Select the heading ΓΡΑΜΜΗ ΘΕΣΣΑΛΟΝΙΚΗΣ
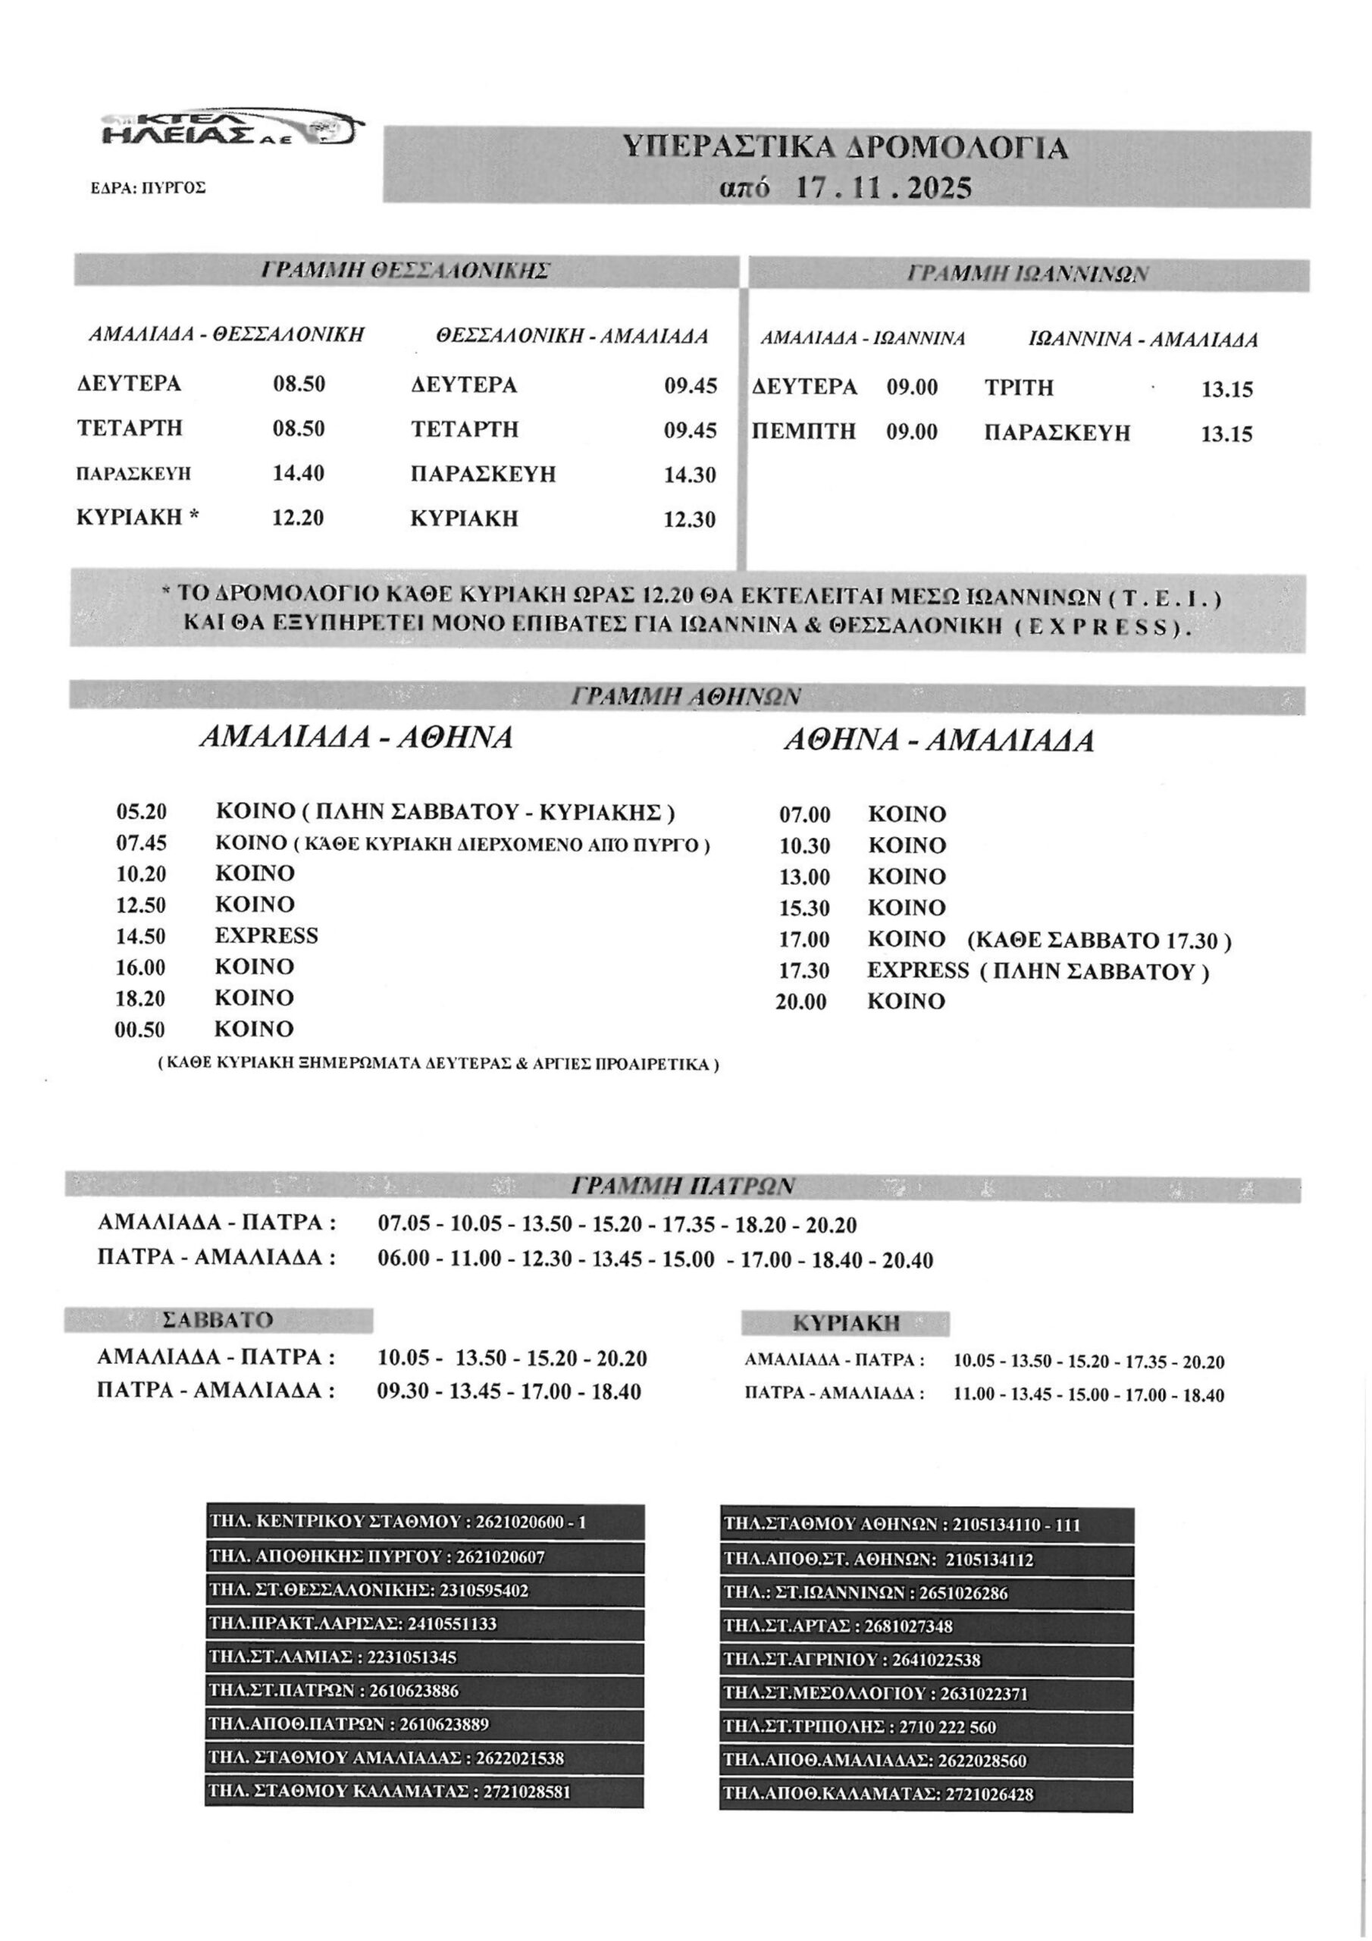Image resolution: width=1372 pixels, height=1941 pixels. [x=405, y=271]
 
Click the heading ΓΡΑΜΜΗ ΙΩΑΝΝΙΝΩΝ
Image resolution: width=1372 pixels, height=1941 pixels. [x=1027, y=274]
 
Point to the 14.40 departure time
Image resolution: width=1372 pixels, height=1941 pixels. [x=299, y=472]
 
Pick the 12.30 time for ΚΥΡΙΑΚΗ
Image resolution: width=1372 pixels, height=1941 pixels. [x=690, y=519]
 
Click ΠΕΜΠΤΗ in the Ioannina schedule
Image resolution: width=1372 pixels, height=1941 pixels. [x=804, y=432]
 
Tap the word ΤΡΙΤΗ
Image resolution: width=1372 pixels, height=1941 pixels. [x=1019, y=388]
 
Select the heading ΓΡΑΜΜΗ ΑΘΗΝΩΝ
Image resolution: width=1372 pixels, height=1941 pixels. [x=685, y=697]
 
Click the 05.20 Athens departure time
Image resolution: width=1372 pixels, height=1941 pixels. [x=141, y=812]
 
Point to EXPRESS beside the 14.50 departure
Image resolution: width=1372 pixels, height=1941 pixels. [x=266, y=936]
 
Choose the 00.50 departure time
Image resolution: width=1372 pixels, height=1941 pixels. [x=140, y=1030]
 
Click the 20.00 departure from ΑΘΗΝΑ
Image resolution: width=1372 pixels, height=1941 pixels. [x=801, y=1002]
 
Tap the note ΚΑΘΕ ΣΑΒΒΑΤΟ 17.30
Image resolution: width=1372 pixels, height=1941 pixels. [x=1099, y=940]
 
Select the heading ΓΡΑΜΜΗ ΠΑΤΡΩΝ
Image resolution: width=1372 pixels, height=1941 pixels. [x=683, y=1187]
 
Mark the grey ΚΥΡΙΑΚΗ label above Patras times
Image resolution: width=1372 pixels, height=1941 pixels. [x=845, y=1323]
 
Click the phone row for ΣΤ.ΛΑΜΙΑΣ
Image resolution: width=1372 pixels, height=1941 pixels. [x=424, y=1657]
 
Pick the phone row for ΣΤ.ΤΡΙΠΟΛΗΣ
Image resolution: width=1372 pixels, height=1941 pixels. [x=926, y=1727]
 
